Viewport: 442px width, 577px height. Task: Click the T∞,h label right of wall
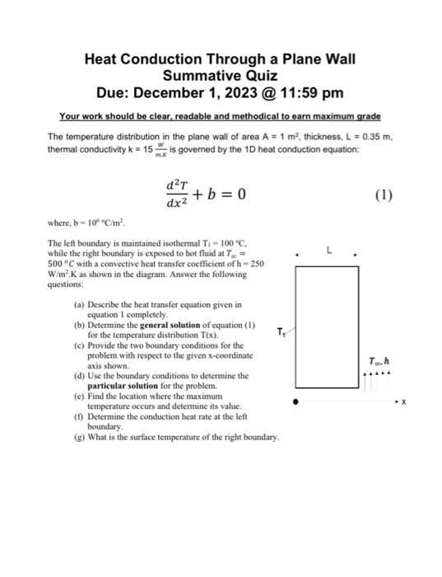(379, 360)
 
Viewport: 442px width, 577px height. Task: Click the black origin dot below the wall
(297, 401)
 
